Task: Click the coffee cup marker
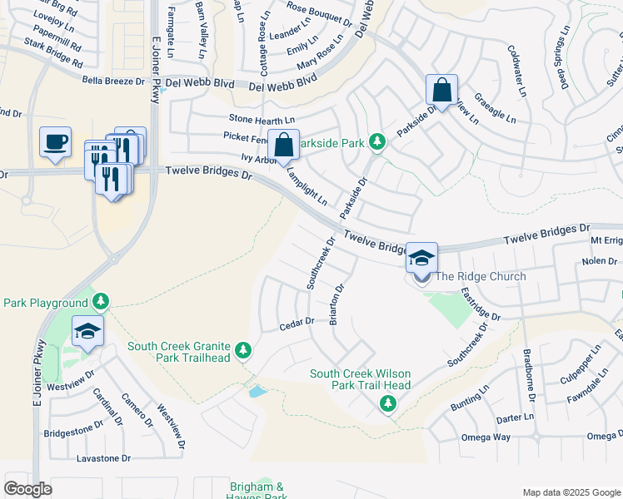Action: pos(55,141)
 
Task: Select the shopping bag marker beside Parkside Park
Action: pos(283,144)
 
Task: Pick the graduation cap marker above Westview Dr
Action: pos(87,331)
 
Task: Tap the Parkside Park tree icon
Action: pos(377,142)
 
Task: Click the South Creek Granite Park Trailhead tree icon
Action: pos(243,351)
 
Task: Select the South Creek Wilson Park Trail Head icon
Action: pos(387,404)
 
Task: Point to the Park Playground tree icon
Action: pos(100,300)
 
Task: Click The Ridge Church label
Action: pos(481,277)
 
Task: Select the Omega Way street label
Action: pos(491,437)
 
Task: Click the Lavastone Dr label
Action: pos(103,458)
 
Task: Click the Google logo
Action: pos(27,489)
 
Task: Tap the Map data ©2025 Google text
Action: pos(571,492)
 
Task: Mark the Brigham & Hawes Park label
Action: pos(257,491)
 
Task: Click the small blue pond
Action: pos(258,390)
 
